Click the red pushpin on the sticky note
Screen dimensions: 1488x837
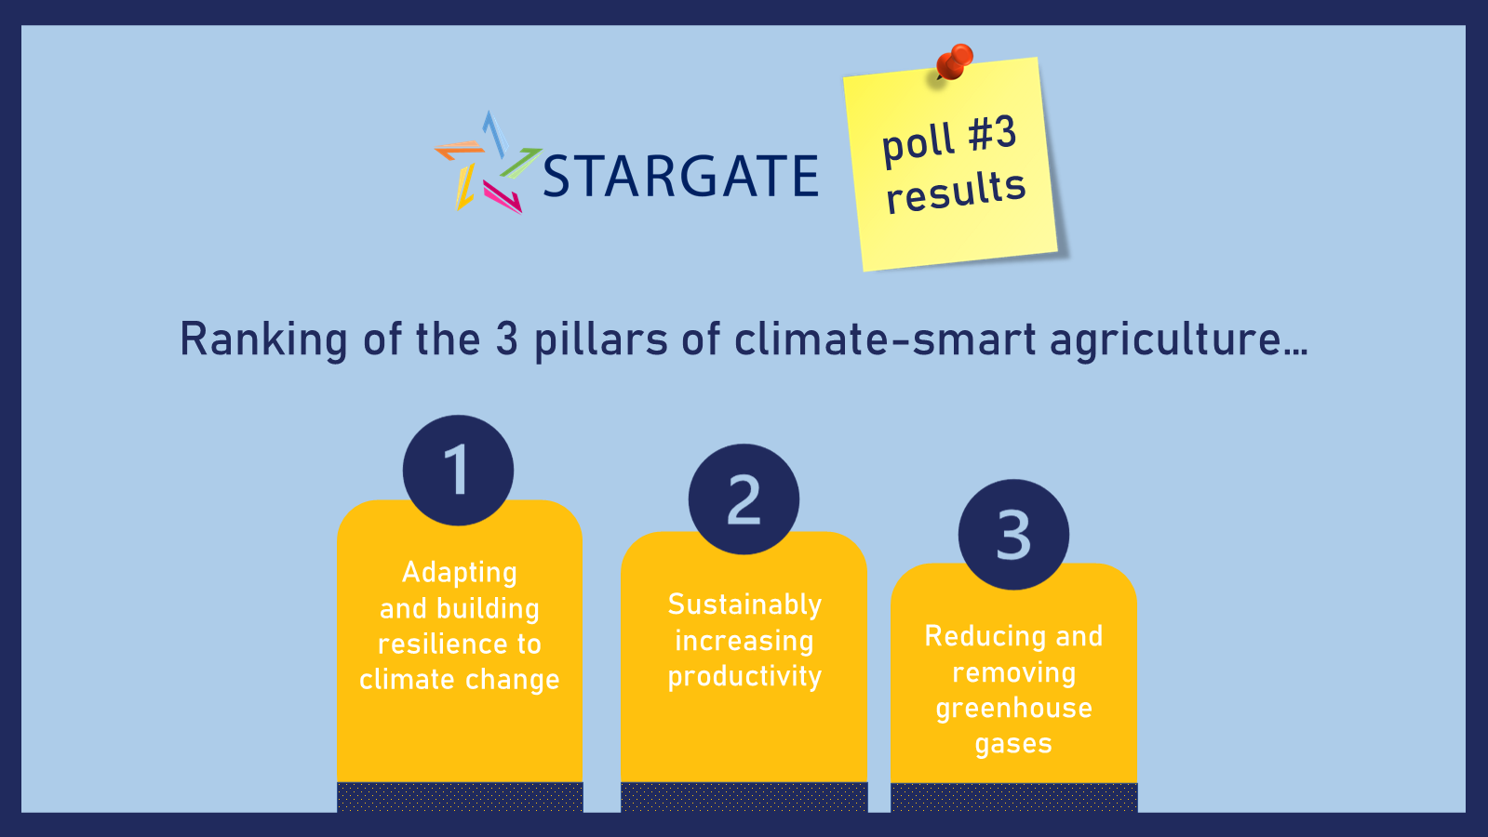point(955,61)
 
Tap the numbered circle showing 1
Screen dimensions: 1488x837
point(459,471)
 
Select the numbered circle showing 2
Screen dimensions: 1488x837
point(744,499)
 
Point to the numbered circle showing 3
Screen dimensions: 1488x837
point(1013,535)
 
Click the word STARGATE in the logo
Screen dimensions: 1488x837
point(681,176)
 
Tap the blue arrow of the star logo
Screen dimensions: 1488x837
point(495,133)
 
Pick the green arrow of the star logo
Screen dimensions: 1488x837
point(520,164)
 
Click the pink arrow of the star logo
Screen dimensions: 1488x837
point(503,197)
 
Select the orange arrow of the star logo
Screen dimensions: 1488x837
point(459,150)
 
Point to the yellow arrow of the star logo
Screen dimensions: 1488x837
point(464,187)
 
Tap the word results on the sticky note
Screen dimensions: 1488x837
point(956,191)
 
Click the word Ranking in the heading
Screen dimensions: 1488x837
point(263,339)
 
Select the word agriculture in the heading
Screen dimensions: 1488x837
point(1179,339)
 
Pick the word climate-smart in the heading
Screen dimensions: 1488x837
point(886,339)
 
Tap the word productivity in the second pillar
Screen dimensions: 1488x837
point(744,677)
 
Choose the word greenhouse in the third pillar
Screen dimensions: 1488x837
point(1013,709)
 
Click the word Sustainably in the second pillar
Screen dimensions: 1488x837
point(744,605)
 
